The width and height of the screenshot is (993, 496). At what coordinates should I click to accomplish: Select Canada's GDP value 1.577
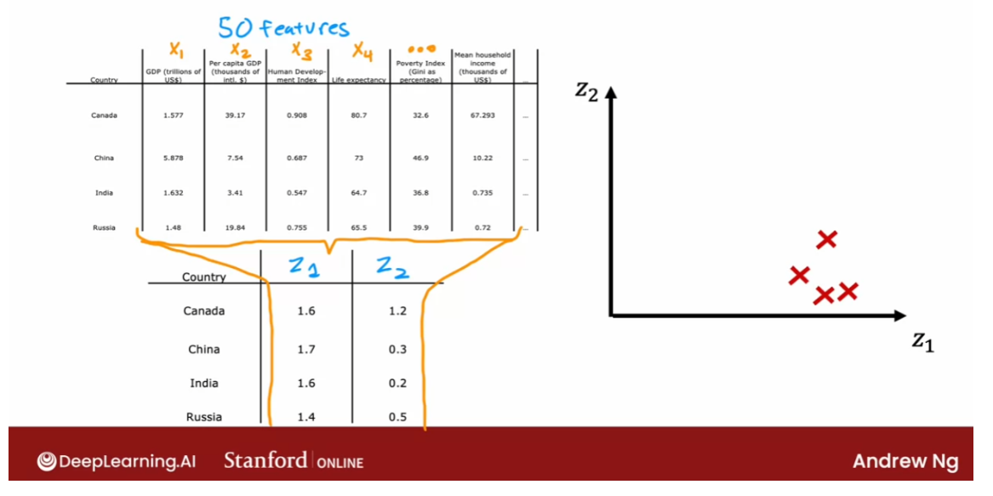(173, 116)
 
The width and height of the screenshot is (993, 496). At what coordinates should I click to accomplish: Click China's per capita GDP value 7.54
(235, 158)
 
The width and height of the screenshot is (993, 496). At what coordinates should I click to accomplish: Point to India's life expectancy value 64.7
(359, 193)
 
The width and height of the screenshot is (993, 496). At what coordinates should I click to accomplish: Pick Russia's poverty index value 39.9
(420, 228)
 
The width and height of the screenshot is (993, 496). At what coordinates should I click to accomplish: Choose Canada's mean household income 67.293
(482, 116)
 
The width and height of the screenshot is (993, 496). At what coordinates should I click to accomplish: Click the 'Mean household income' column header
(482, 67)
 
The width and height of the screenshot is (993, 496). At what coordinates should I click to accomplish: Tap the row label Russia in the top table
(104, 228)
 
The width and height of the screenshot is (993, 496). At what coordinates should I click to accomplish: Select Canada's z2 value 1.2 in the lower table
(397, 311)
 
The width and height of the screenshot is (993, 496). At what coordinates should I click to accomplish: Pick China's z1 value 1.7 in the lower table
(306, 350)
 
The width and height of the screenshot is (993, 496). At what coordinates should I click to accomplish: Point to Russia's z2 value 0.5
(397, 417)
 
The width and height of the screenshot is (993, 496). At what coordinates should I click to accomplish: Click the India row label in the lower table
(204, 384)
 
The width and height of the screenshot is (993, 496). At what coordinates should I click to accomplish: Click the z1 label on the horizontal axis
(923, 341)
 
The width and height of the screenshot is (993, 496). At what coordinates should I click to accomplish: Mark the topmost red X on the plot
(826, 240)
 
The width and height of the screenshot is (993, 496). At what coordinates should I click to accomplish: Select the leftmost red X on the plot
(799, 275)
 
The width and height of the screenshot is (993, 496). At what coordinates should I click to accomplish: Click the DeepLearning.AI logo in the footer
(117, 462)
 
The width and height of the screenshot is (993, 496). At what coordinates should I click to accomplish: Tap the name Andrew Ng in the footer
(905, 462)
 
